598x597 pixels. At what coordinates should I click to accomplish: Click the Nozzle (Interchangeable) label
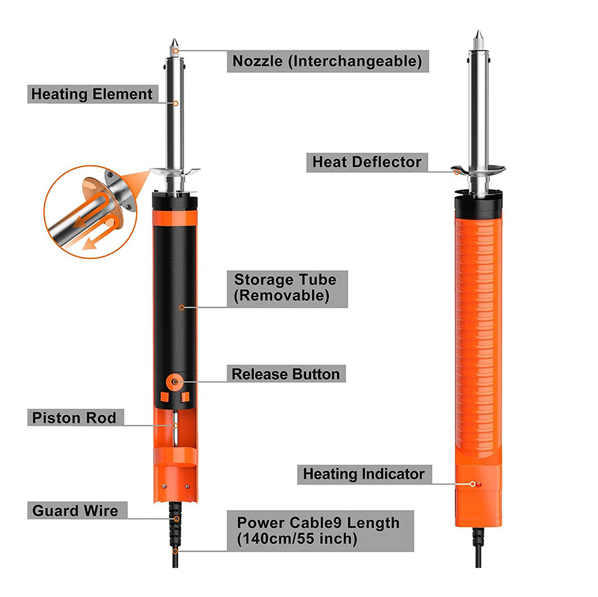(x=328, y=61)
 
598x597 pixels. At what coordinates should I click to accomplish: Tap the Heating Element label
(x=93, y=94)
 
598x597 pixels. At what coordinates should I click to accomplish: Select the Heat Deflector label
(x=367, y=163)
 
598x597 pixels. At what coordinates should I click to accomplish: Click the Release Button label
(x=286, y=373)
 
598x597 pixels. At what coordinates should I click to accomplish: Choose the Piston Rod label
(x=75, y=418)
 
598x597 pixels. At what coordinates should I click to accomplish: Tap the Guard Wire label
(x=77, y=510)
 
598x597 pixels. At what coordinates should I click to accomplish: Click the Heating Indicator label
(x=364, y=474)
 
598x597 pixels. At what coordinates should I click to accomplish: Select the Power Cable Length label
(x=321, y=531)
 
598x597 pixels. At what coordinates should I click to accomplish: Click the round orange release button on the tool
(x=175, y=382)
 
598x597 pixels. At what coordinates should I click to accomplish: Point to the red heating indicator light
(x=478, y=484)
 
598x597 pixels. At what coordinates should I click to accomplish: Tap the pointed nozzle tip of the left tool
(x=175, y=39)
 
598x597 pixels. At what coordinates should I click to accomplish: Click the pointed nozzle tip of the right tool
(x=478, y=31)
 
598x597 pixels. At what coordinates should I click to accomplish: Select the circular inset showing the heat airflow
(x=91, y=212)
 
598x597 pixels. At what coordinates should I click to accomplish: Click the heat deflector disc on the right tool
(x=478, y=170)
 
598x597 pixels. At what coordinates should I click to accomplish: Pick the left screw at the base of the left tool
(x=164, y=486)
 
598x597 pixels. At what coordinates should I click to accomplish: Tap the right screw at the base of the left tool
(x=187, y=486)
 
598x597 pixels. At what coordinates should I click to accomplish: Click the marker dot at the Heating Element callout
(x=176, y=104)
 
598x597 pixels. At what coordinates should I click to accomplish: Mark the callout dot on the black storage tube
(x=182, y=307)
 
